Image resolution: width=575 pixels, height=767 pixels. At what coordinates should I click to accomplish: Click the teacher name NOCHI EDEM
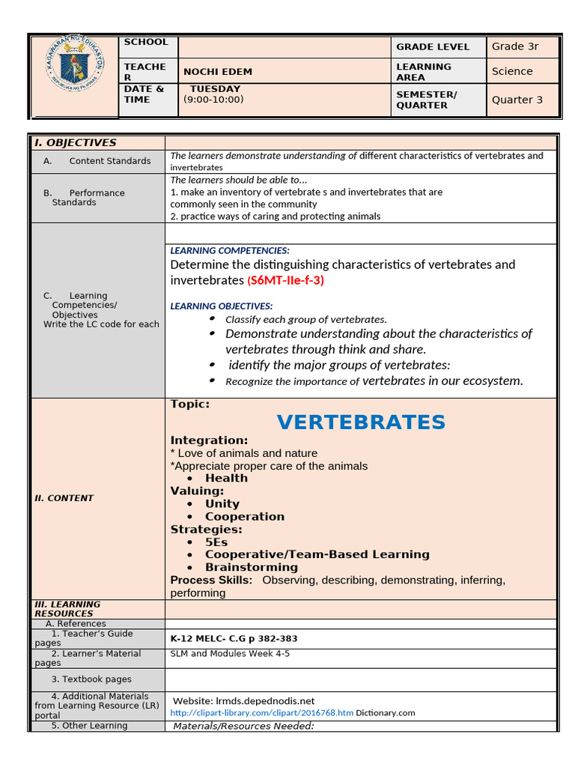(218, 72)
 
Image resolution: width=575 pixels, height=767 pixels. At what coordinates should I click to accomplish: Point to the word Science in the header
(512, 71)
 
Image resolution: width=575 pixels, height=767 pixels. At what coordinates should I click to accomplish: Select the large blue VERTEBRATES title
(361, 422)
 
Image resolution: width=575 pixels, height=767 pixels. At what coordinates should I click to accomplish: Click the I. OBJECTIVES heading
(74, 142)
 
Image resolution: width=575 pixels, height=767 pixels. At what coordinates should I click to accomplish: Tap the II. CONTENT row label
(64, 498)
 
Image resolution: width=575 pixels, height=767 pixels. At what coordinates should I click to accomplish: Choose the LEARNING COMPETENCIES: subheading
(230, 251)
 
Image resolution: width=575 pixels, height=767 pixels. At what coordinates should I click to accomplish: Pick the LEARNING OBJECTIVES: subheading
(222, 306)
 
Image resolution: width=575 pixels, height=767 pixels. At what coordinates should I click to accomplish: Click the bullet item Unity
(222, 504)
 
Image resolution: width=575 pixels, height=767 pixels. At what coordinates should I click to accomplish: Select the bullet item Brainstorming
(252, 567)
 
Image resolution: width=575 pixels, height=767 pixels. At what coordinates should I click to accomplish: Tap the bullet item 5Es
(216, 542)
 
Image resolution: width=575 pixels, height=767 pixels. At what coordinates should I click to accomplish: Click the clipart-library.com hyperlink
(261, 713)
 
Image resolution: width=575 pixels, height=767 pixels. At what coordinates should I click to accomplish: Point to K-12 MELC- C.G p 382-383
(234, 639)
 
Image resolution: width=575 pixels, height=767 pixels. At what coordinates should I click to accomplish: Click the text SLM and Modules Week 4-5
(230, 654)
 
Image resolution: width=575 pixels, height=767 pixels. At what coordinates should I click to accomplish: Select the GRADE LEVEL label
(433, 46)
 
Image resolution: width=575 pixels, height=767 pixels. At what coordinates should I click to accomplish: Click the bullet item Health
(226, 479)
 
